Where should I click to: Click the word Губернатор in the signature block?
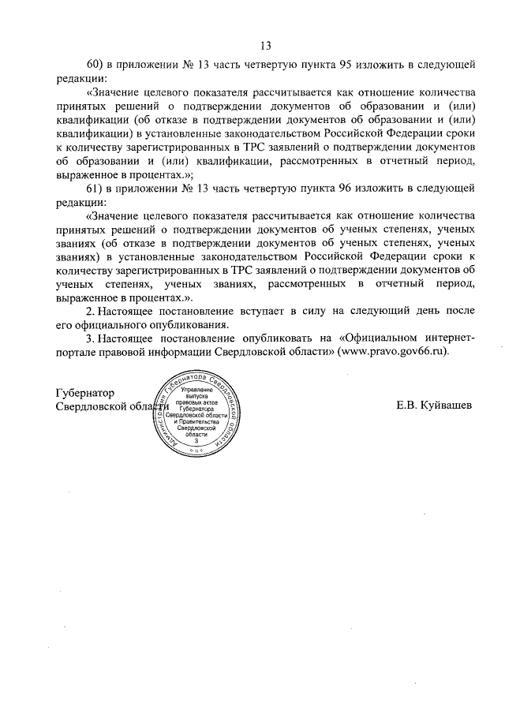85,393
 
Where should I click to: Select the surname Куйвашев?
447,406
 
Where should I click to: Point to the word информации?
201,352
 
